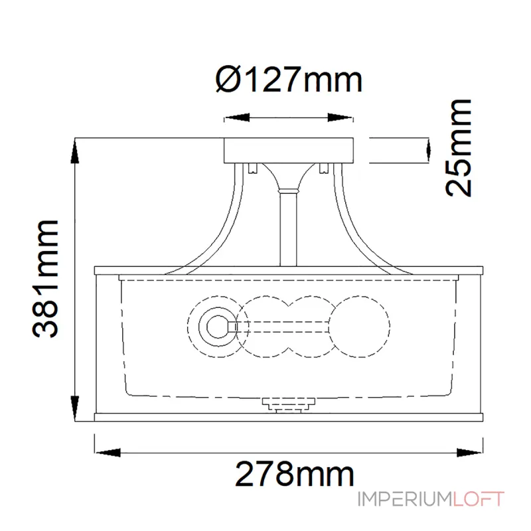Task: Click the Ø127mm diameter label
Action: coord(289,80)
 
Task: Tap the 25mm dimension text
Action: coord(459,148)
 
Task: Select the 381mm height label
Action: coord(45,279)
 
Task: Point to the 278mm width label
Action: coord(295,474)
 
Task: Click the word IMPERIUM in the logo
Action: coord(405,499)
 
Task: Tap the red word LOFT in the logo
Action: coord(479,499)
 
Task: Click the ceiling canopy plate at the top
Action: coord(289,151)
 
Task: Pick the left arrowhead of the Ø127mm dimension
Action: coord(237,118)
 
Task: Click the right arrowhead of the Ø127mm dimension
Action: coord(341,118)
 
